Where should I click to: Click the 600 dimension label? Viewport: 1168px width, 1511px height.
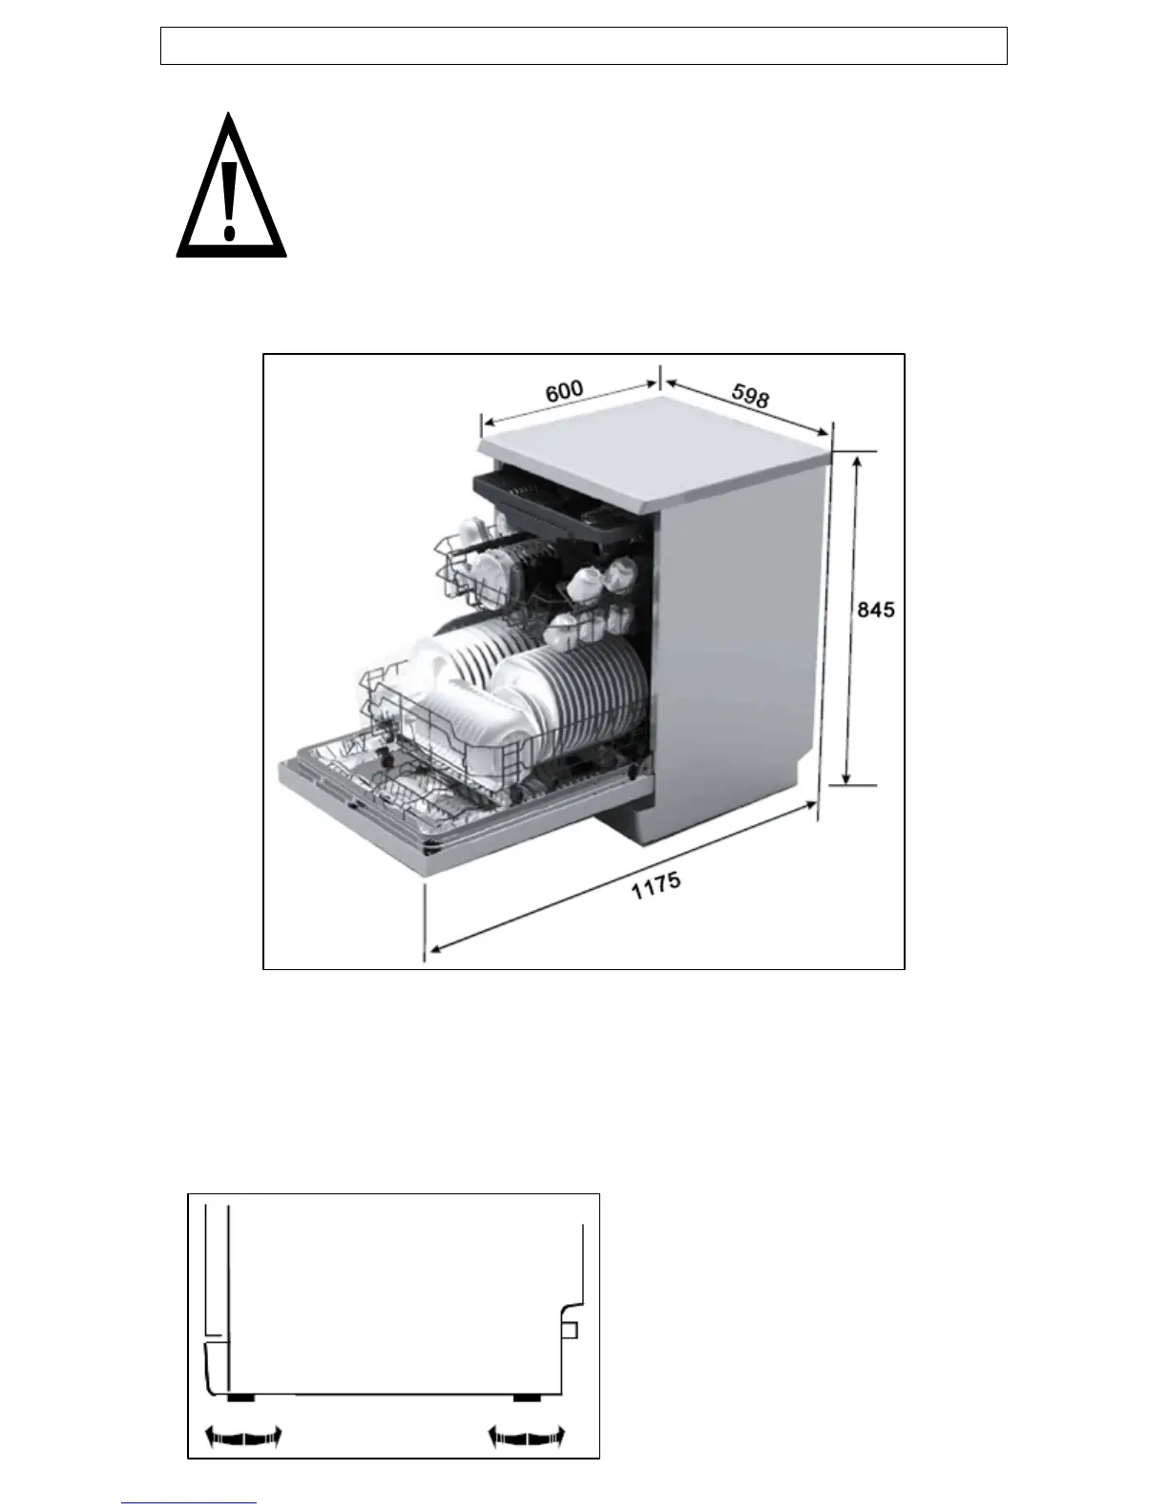click(564, 391)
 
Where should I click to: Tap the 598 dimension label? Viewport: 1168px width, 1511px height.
click(750, 396)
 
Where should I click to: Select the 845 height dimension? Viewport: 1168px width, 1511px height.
click(875, 609)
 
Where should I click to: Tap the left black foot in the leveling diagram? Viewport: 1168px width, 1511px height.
click(240, 1397)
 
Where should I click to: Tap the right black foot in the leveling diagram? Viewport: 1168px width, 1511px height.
click(527, 1397)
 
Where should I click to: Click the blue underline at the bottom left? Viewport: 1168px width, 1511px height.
click(189, 1504)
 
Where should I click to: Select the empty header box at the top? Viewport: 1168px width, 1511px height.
click(583, 46)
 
